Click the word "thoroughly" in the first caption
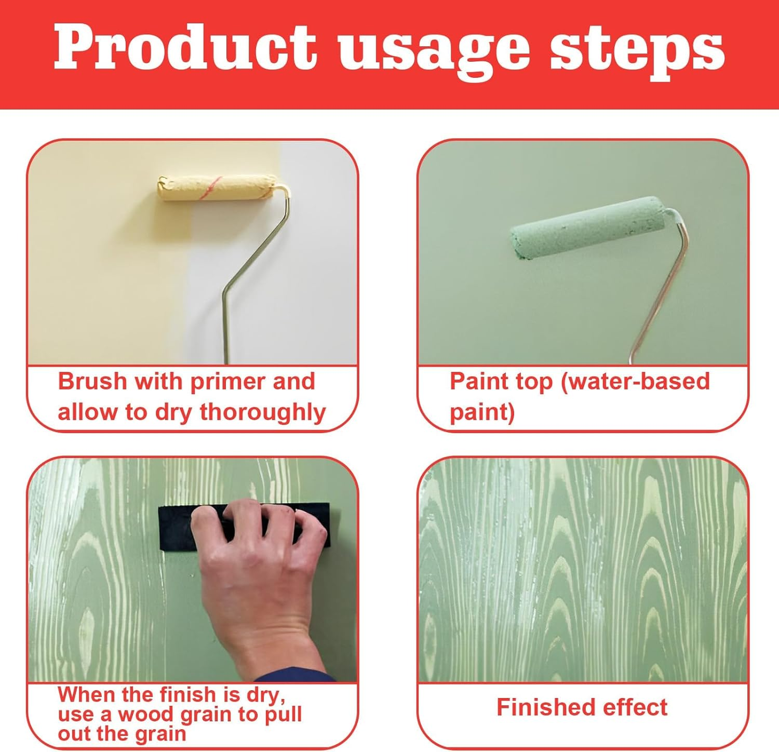tap(263, 412)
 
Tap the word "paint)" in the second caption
tap(482, 412)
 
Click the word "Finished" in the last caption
tap(545, 707)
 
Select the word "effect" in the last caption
tap(635, 707)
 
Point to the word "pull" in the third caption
tap(283, 715)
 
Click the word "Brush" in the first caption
tap(92, 382)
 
